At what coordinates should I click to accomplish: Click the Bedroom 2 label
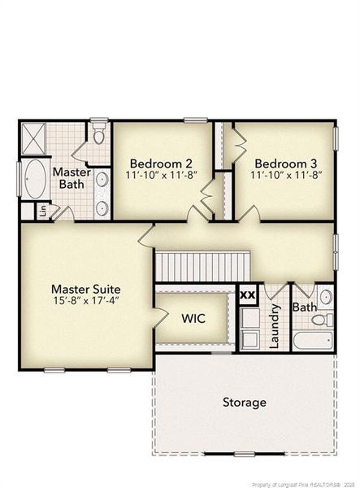[161, 163]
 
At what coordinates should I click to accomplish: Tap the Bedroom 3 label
[286, 163]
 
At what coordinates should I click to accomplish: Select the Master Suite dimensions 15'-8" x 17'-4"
[86, 301]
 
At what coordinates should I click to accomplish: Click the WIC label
[193, 318]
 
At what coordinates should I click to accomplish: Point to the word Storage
[245, 403]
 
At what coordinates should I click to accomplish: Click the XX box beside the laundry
[248, 294]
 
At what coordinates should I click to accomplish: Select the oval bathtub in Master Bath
[35, 179]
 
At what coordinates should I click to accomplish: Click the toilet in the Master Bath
[99, 133]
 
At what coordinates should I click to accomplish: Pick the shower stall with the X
[33, 138]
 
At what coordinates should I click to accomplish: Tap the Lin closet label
[44, 211]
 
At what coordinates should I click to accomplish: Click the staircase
[202, 267]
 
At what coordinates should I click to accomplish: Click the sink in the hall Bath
[326, 297]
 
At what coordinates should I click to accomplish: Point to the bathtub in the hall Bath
[313, 340]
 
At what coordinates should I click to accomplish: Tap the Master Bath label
[72, 177]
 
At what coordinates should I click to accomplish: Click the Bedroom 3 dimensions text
[286, 175]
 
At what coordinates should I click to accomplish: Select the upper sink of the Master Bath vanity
[102, 180]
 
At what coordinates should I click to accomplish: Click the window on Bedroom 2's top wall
[196, 120]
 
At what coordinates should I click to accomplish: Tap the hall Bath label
[305, 307]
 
